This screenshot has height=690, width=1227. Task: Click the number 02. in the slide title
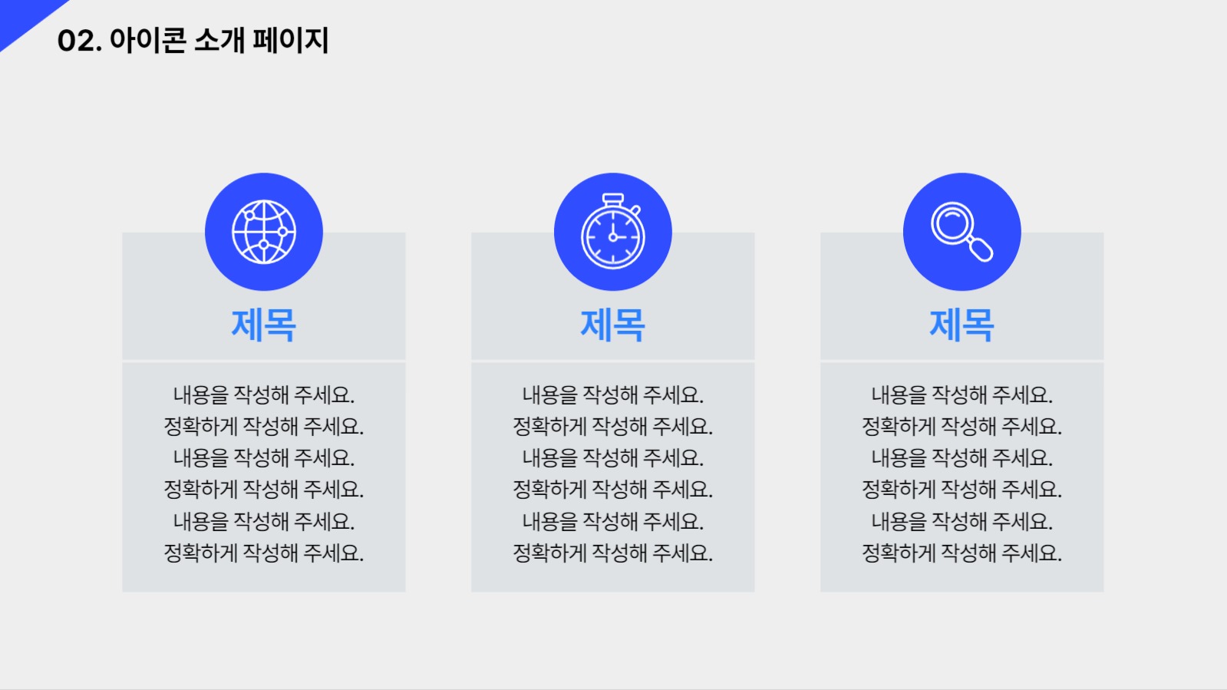[x=79, y=41]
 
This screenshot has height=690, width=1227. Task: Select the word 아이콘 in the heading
[x=147, y=41]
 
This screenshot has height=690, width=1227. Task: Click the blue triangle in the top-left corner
[x=23, y=17]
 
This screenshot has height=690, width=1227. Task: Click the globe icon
[x=264, y=232]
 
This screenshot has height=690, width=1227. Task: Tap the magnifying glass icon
[x=961, y=231]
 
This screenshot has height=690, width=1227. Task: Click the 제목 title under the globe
[x=264, y=325]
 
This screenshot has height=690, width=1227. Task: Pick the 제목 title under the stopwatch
[x=613, y=325]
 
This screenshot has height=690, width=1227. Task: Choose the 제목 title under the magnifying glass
[x=961, y=325]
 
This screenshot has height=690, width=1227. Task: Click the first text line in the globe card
[x=264, y=395]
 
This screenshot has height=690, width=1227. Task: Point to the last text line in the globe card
[x=264, y=553]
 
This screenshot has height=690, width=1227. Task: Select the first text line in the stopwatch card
[x=613, y=395]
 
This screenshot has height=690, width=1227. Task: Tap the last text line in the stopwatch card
[x=613, y=553]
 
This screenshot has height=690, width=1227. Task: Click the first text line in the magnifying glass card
[x=961, y=395]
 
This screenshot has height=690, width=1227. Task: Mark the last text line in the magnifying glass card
[x=961, y=553]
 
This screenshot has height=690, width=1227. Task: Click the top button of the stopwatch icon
[x=613, y=199]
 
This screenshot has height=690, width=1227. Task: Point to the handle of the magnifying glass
[x=981, y=249]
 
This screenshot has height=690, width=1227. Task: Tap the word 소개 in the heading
[x=219, y=41]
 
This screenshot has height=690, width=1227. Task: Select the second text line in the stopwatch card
[x=613, y=427]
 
